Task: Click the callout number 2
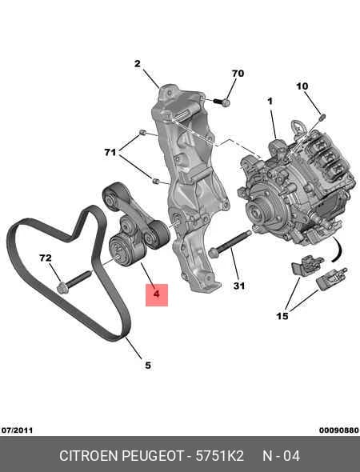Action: (138, 64)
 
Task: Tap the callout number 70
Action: (238, 74)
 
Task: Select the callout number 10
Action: (302, 86)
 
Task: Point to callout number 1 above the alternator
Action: (270, 101)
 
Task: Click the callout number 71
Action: (110, 152)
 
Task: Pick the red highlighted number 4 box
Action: (157, 295)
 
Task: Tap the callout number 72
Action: (45, 258)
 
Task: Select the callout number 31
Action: (239, 286)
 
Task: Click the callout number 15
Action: (282, 316)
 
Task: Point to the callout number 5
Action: (148, 365)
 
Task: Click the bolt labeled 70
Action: (222, 102)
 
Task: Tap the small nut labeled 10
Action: (322, 117)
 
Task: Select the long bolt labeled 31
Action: (230, 244)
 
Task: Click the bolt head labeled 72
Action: (62, 289)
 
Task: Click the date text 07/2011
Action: (17, 430)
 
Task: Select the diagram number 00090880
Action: (339, 430)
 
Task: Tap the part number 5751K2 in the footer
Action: (220, 456)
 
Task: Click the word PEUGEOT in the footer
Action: (153, 456)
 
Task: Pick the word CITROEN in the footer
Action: (89, 456)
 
